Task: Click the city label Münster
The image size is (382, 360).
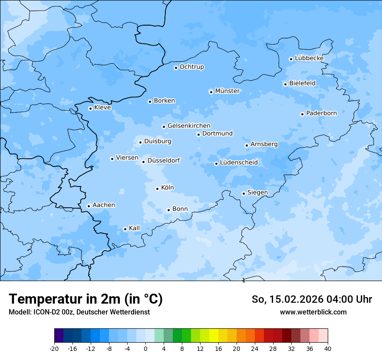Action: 227,91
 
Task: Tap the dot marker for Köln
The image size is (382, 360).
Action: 157,189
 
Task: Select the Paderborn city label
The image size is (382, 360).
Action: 321,114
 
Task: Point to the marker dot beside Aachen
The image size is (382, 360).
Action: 89,206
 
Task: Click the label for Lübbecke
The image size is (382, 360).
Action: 309,58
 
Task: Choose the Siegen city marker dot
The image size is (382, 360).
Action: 244,193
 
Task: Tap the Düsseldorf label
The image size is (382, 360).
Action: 163,161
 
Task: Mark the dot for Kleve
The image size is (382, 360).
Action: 90,108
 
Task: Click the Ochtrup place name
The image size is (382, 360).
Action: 191,67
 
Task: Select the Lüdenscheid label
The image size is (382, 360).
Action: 239,163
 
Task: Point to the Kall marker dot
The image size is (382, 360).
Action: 125,229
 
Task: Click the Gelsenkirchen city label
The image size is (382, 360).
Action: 189,126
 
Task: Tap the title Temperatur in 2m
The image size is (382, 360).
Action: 86,299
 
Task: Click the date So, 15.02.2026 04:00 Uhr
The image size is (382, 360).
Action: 312,300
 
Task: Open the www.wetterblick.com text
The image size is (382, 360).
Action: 313,312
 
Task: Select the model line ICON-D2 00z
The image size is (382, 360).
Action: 79,312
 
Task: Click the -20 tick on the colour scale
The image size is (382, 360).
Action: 54,349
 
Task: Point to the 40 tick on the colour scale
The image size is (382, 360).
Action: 328,349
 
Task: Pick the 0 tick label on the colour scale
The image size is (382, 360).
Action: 145,349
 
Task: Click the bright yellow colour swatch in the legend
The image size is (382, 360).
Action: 214,336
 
